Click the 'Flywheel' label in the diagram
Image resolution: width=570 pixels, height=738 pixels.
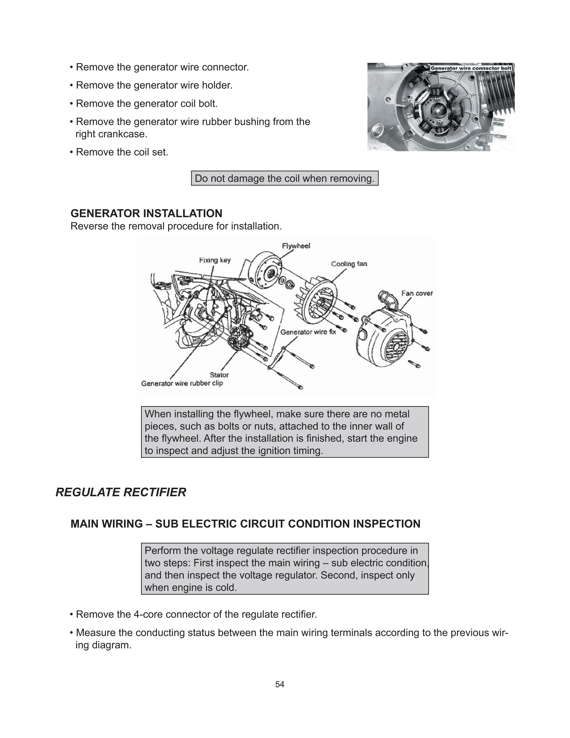coord(296,246)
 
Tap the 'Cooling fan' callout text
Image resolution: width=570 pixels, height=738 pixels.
coord(349,264)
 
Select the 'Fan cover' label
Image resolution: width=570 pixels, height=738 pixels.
coord(417,293)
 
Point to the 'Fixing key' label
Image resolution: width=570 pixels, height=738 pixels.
coord(215,260)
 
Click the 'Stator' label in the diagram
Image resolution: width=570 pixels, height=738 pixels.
coord(219,375)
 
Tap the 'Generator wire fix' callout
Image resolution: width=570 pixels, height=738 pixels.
coord(308,332)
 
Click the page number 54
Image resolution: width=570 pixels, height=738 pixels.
coord(280,685)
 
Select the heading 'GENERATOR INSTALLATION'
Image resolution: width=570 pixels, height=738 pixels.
coord(146,214)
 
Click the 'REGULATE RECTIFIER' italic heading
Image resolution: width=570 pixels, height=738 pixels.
coord(120,492)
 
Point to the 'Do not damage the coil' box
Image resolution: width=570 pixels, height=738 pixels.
coord(285,178)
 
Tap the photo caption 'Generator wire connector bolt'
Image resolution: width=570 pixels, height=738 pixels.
coord(471,68)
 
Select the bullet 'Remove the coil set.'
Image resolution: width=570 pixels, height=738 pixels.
coord(122,152)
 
